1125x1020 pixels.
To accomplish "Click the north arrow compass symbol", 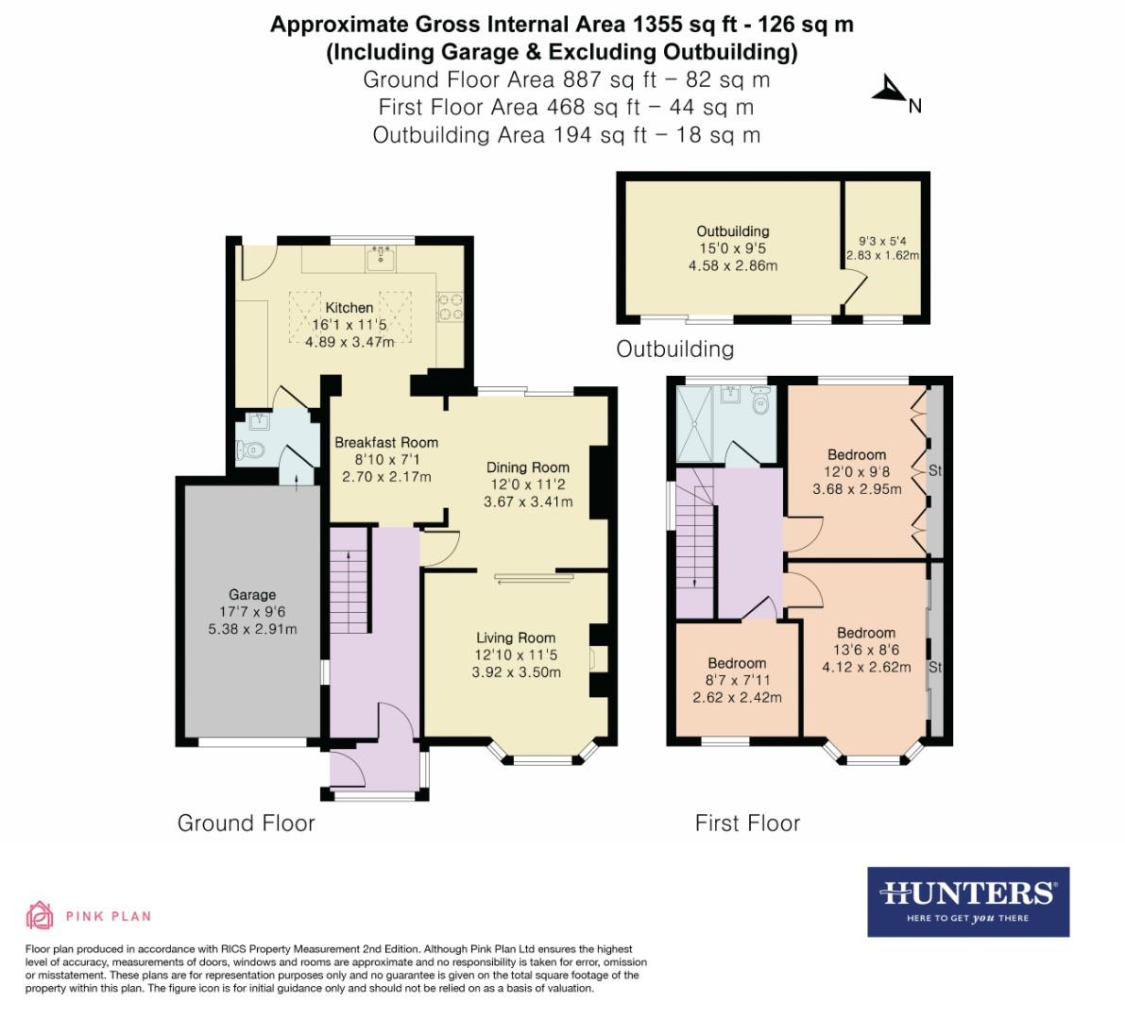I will (889, 91).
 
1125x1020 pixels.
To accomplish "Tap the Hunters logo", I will (967, 901).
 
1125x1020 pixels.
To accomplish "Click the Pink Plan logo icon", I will (40, 915).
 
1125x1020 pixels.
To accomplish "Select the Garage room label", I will (252, 594).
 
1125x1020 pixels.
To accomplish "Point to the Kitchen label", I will (349, 307).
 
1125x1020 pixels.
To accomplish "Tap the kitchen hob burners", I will (450, 306).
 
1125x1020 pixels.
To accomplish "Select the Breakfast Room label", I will (386, 441).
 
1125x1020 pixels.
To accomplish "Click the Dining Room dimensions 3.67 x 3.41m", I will (528, 501).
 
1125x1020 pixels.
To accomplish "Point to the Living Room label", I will (516, 637).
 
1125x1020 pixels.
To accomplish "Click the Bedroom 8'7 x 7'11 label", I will (737, 663).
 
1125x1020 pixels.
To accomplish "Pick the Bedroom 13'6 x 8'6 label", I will (865, 633).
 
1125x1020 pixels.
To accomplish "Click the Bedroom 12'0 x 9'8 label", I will (857, 454).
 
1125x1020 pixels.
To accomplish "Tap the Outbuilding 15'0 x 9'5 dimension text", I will (733, 248).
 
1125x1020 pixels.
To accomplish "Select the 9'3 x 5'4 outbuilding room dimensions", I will (880, 241).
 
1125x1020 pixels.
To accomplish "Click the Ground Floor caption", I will (246, 823).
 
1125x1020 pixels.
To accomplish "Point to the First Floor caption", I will (747, 823).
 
